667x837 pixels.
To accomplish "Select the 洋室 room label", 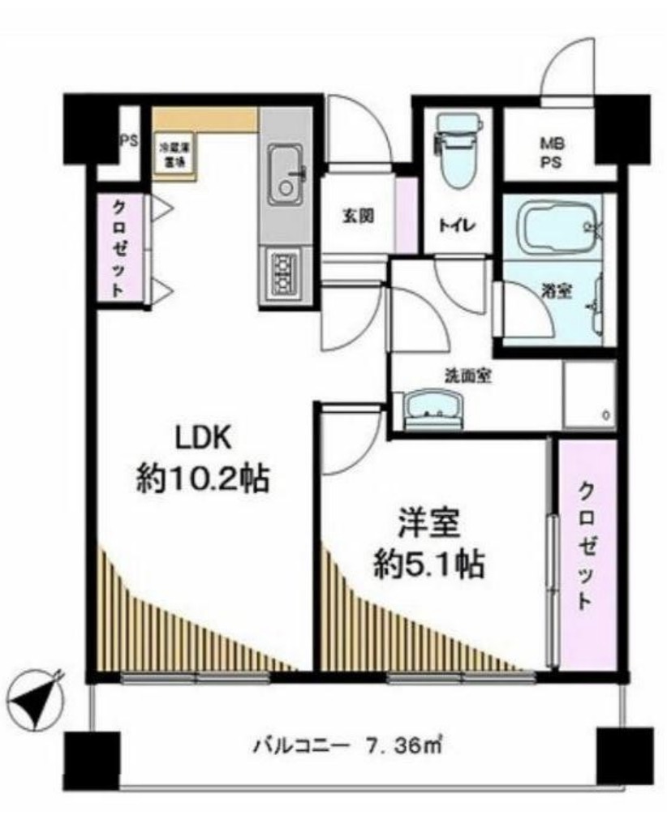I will tap(429, 523).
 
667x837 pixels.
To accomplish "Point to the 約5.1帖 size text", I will tap(429, 564).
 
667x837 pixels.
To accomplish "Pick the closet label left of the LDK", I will tap(119, 248).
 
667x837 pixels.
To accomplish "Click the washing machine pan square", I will tap(588, 394).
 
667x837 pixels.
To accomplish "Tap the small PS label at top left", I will tap(128, 140).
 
